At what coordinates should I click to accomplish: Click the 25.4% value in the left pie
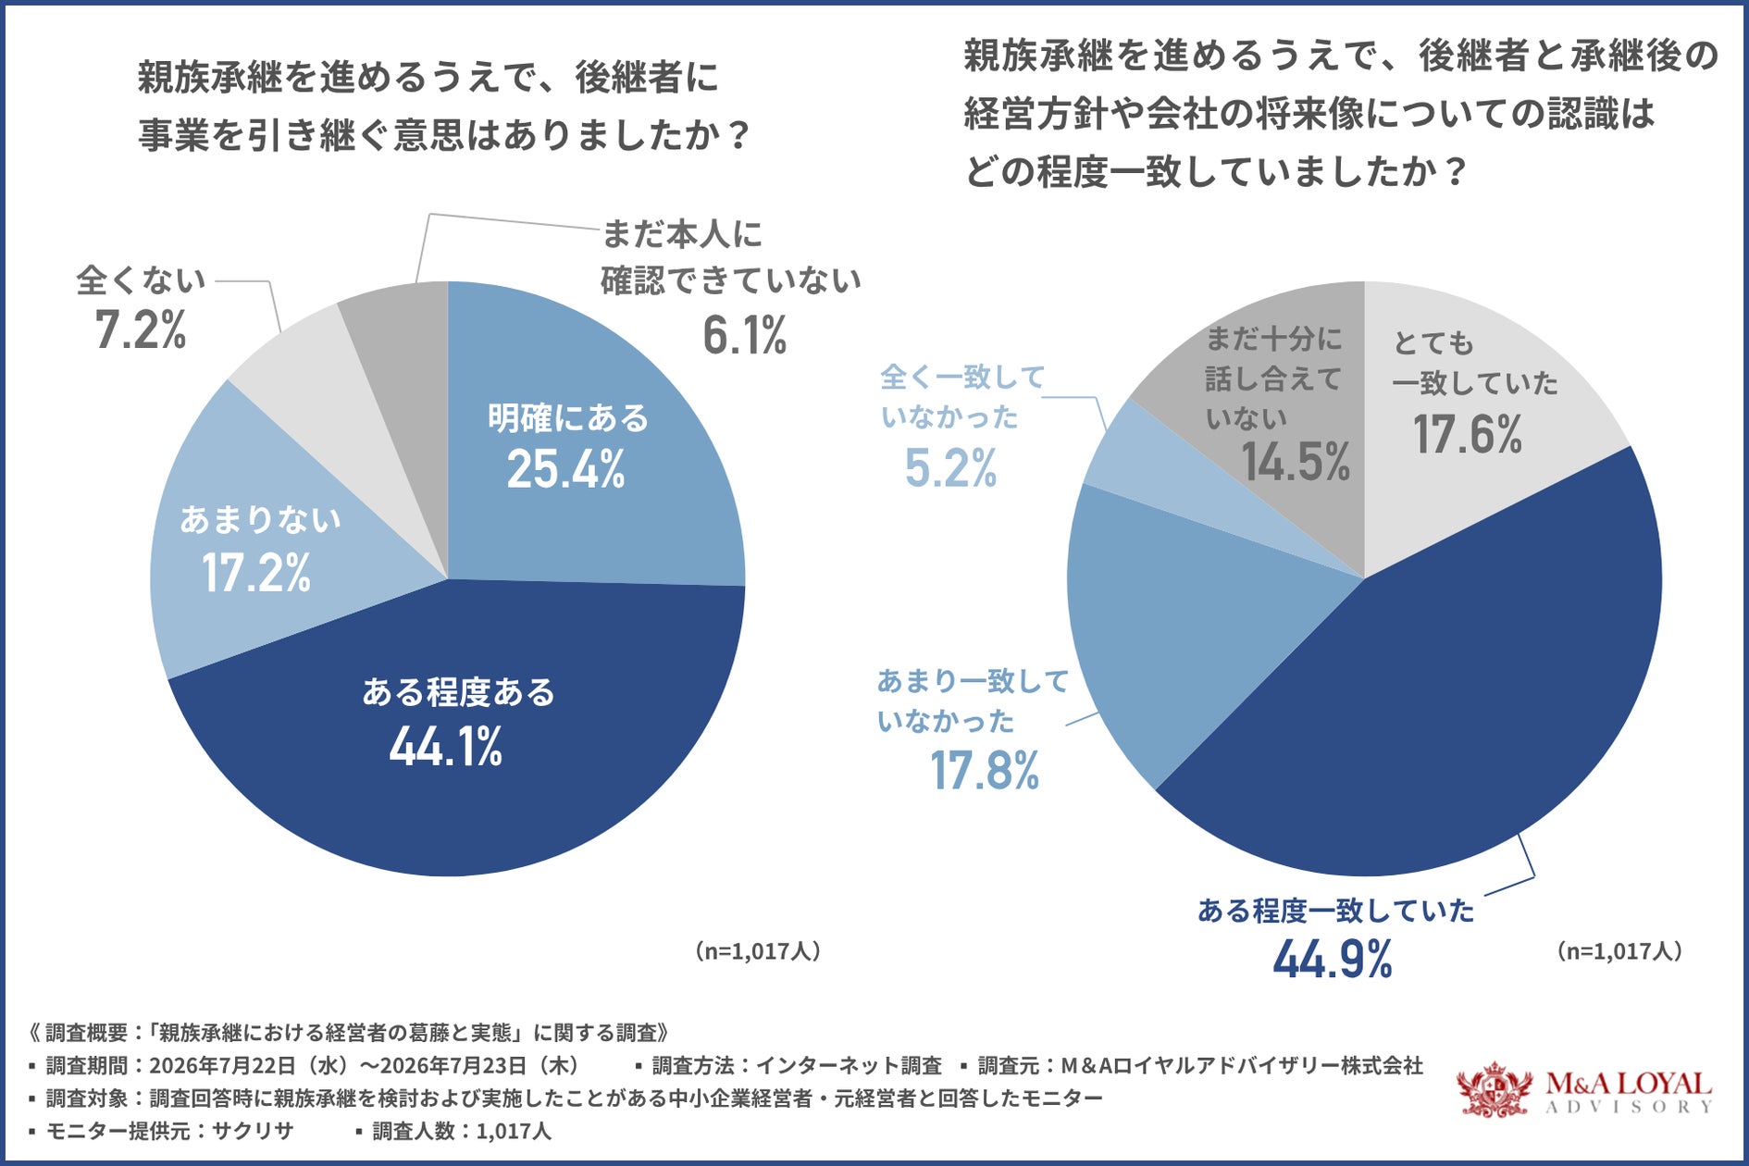[565, 468]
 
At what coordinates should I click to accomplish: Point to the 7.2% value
[141, 329]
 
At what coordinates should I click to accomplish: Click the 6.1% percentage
[745, 335]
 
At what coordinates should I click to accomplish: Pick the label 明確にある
[568, 418]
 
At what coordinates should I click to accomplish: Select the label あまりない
[260, 520]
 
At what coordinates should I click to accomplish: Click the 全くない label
[141, 279]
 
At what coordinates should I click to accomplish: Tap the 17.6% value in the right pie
[1468, 434]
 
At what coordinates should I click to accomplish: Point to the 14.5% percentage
[1296, 462]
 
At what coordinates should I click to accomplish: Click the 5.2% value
[951, 467]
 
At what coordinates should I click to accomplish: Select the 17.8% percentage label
[985, 771]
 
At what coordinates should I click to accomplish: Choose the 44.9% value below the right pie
[1333, 959]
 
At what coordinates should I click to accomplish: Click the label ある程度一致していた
[1335, 911]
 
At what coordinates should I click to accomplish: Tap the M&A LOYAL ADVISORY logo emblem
[1495, 1089]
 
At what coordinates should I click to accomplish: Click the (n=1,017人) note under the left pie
[758, 951]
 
